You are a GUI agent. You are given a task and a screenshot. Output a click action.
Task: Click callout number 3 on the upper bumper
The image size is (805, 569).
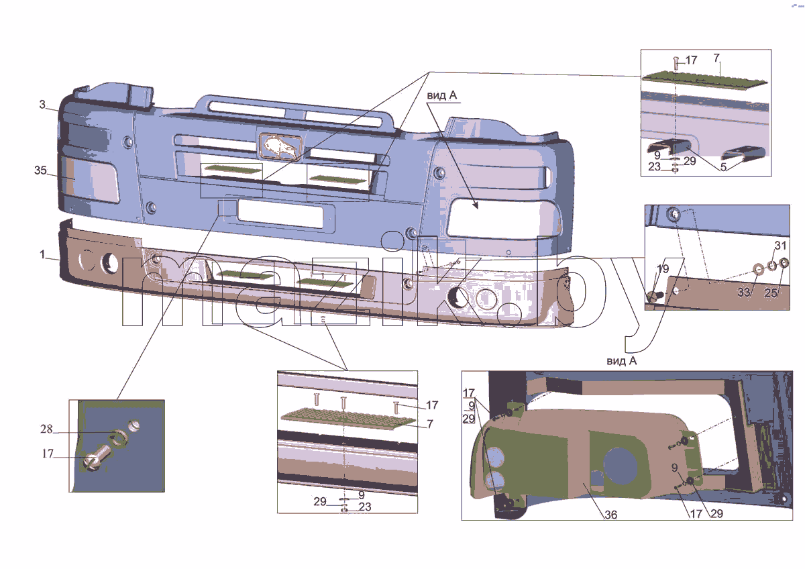[42, 104]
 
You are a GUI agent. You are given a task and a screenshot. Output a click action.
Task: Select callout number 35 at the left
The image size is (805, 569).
[40, 170]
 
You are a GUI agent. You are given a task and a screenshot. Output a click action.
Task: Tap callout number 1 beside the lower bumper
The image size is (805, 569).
[42, 254]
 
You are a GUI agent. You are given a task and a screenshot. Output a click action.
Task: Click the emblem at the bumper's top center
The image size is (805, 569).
[280, 146]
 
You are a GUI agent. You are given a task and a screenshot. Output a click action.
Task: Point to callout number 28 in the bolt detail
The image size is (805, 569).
[46, 429]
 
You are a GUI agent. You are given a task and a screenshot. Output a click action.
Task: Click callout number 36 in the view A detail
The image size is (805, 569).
[610, 515]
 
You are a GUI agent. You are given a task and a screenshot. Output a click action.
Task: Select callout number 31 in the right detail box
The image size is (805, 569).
[780, 246]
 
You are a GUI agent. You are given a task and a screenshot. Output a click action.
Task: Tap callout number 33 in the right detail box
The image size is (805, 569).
[743, 293]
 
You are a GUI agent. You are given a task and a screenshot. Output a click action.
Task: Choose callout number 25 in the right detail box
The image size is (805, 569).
[771, 293]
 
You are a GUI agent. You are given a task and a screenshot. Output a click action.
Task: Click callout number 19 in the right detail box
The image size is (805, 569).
[663, 269]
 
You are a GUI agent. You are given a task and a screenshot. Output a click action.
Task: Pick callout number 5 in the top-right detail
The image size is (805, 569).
[723, 167]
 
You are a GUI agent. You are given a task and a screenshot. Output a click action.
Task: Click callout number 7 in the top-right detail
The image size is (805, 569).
[716, 58]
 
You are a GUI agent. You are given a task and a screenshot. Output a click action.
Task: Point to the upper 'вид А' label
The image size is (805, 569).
[441, 95]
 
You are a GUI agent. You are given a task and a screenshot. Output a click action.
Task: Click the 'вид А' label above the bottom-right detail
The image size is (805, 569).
[621, 361]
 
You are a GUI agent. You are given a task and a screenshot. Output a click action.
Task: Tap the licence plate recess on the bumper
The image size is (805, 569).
[280, 214]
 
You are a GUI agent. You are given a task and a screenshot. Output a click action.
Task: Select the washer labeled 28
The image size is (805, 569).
[118, 438]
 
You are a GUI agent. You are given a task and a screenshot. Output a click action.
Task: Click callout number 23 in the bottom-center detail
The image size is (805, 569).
[364, 507]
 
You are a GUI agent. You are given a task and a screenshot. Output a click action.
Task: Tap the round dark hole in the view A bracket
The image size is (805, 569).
[621, 465]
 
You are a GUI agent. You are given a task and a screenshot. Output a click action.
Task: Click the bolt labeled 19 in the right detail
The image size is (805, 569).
[653, 297]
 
